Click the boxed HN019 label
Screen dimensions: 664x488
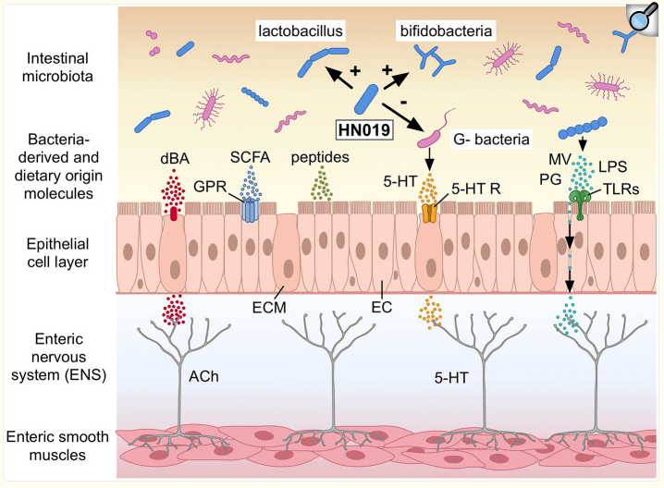pos(364,130)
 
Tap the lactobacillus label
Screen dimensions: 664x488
pos(301,30)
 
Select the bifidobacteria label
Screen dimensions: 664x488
pos(446,30)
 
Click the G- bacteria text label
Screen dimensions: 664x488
pos(491,140)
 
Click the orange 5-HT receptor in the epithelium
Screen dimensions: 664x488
pos(429,213)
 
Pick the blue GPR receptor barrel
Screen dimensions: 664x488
pos(250,211)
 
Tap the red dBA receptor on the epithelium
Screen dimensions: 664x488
pos(173,213)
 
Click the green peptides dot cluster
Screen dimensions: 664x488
pos(322,183)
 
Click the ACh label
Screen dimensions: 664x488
pos(203,376)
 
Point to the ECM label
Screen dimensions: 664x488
pos(269,307)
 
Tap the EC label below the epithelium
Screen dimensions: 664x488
pos(382,307)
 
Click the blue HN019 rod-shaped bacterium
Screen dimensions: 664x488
pos(366,99)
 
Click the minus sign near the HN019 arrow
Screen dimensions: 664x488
pos(403,103)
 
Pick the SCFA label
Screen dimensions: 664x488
pos(250,157)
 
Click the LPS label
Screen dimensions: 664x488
pos(612,166)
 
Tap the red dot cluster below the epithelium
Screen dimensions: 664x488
pos(174,310)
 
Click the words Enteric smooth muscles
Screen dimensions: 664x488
pos(57,445)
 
